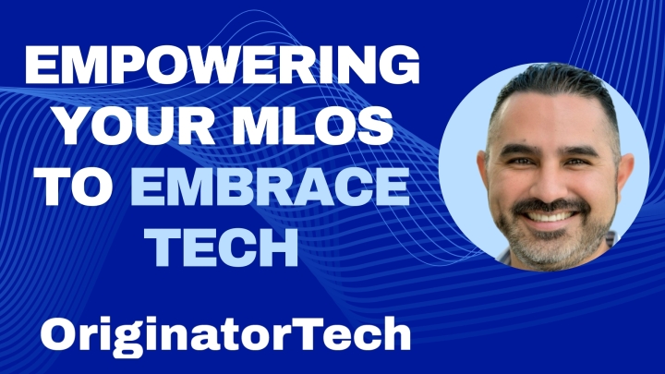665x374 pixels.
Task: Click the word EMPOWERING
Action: coord(223,65)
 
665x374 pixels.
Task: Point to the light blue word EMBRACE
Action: coord(270,186)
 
